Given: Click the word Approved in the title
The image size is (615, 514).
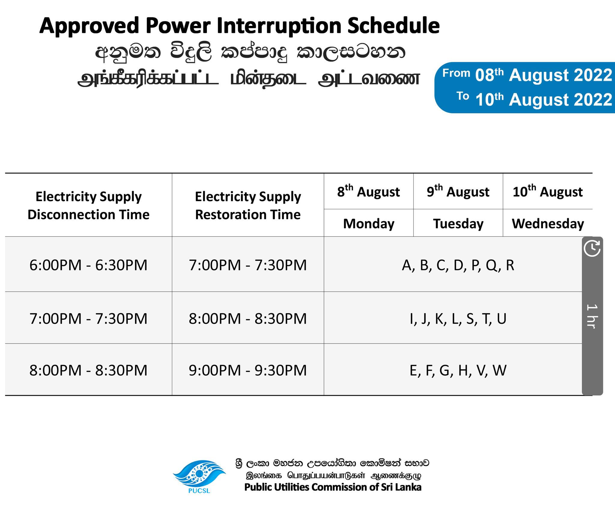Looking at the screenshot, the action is (89, 26).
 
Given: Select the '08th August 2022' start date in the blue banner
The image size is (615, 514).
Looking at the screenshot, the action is (544, 75).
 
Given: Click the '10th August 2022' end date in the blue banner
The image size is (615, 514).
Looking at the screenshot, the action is (544, 99).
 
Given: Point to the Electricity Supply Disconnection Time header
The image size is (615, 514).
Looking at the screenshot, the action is (89, 206).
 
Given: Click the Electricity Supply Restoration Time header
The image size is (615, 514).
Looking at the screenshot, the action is (248, 206).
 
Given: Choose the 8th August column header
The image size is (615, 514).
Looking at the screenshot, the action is (368, 191).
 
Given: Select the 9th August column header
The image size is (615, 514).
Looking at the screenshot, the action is (458, 191).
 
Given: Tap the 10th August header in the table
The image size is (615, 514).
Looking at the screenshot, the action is (548, 191).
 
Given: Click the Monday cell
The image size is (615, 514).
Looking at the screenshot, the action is (369, 224).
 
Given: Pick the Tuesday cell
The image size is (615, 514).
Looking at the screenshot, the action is (458, 224).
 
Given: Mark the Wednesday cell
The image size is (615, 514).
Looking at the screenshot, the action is (548, 224).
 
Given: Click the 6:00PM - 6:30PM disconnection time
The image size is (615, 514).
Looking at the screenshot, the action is (89, 265).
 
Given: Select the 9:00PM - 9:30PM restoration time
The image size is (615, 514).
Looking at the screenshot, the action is (248, 370).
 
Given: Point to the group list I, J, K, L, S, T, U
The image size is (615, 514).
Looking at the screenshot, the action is (458, 319).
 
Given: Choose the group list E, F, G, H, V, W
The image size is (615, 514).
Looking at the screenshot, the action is (458, 371).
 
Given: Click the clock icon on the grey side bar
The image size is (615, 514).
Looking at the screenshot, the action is (592, 248).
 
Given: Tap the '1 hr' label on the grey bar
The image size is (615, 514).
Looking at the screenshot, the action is (592, 316).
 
